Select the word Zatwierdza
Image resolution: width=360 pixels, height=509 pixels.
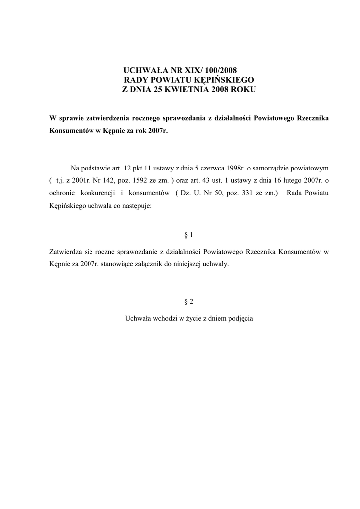point(67,252)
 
